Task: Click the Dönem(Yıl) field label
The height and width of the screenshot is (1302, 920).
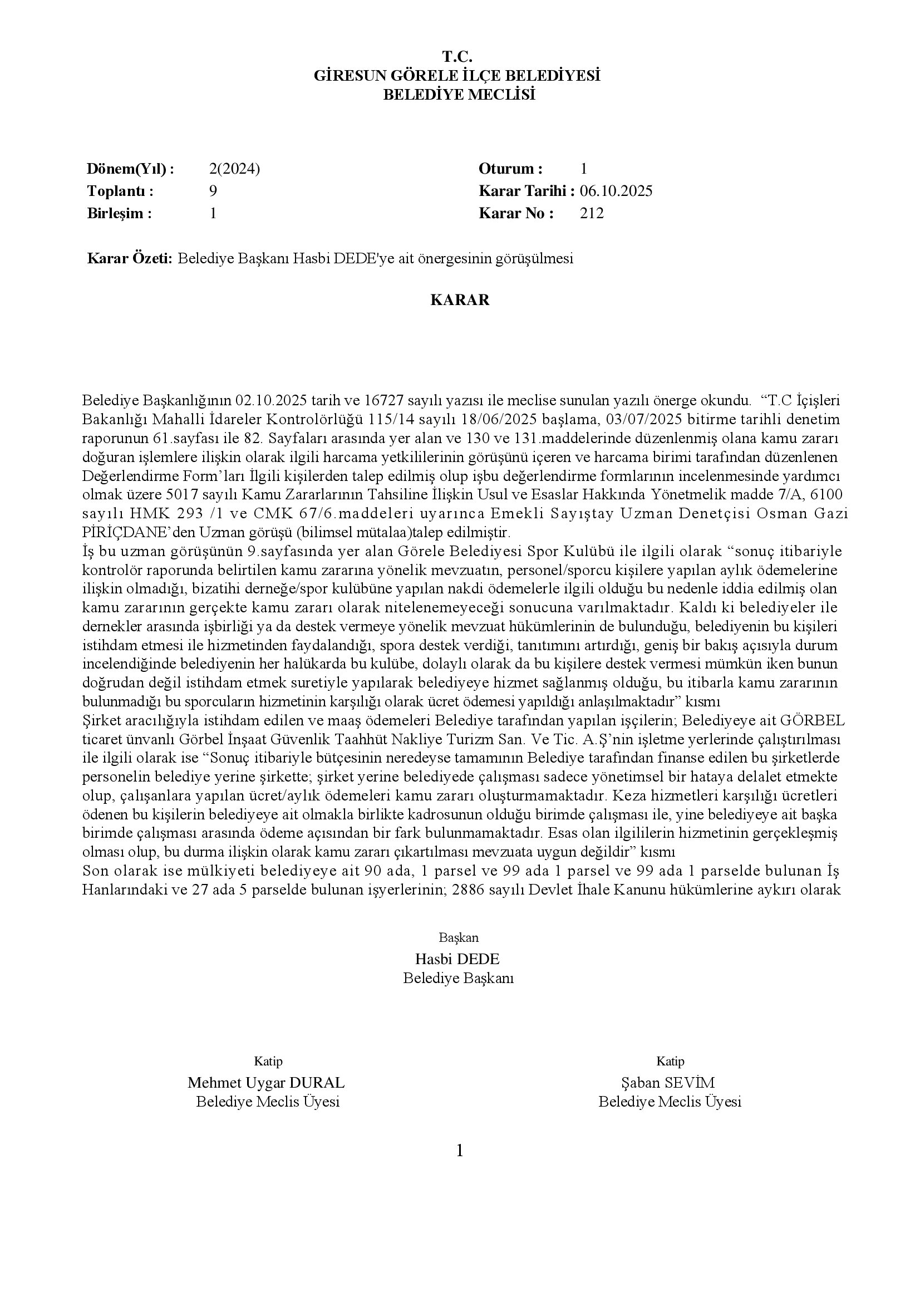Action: point(130,169)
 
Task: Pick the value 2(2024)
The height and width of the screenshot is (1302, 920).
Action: point(234,169)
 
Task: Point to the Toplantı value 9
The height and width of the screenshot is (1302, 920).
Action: point(213,191)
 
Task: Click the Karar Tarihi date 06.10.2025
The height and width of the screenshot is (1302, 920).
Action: point(616,191)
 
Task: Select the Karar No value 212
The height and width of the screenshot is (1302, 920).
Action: point(592,214)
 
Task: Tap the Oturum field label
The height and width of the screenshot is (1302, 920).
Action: point(510,169)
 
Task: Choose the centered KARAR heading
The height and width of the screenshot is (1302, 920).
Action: point(460,300)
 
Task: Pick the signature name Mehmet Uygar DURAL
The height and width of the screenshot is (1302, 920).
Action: point(266,1083)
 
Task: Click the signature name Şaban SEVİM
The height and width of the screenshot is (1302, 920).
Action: point(668,1083)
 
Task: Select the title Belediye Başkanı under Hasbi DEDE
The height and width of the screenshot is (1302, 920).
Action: point(458,978)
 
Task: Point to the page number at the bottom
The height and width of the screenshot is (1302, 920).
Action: point(460,1151)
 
